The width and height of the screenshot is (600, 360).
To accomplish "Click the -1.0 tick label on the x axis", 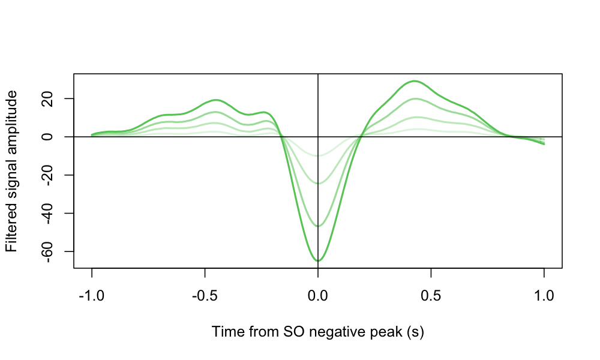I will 92,296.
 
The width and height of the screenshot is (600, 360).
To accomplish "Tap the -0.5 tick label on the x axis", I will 205,296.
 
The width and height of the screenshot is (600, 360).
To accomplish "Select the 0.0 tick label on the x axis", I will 318,296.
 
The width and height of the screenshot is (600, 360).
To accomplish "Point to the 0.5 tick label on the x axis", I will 431,296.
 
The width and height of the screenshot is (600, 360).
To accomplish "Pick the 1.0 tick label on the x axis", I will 544,296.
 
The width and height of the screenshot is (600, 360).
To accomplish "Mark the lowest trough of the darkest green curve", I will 318,260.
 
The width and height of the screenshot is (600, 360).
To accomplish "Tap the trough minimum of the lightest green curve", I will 318,156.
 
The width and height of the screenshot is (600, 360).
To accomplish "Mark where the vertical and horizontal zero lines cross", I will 318,137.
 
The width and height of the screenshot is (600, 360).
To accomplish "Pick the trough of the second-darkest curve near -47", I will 318,226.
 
